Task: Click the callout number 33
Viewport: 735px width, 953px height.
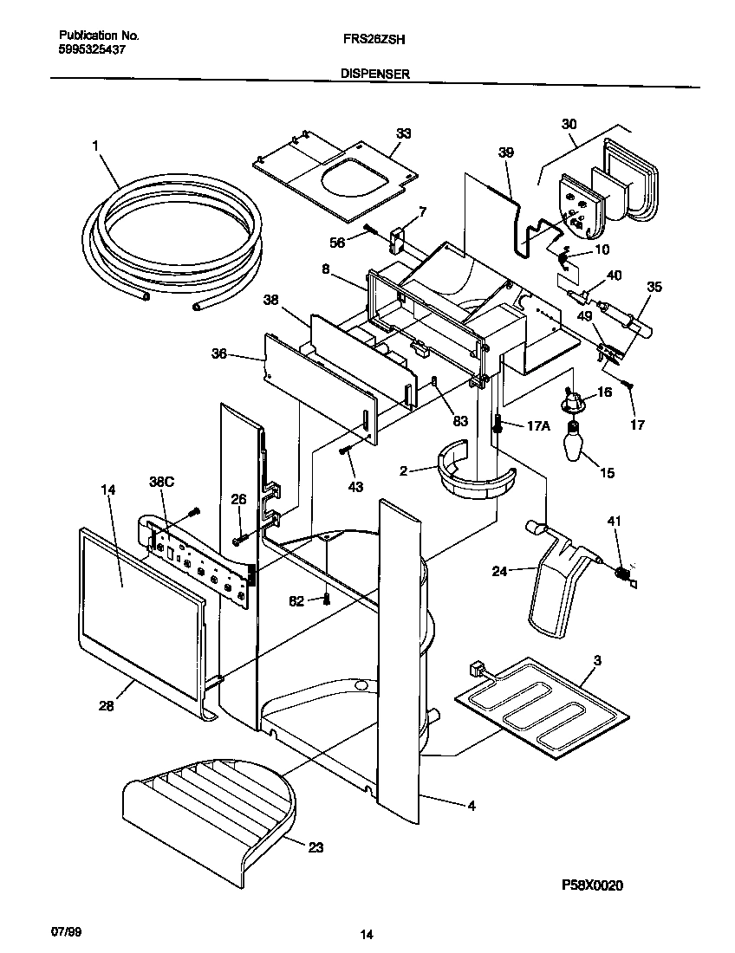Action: coord(403,133)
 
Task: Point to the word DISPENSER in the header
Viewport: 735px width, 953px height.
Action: coord(374,75)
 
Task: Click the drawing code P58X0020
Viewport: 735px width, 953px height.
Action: coord(591,885)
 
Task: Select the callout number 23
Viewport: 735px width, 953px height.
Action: coord(315,847)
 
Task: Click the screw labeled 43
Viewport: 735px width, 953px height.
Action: coord(346,449)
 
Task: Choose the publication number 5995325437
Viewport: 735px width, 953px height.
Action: coord(93,50)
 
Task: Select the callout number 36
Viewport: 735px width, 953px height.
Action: coord(219,353)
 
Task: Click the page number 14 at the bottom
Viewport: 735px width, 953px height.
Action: coord(367,934)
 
